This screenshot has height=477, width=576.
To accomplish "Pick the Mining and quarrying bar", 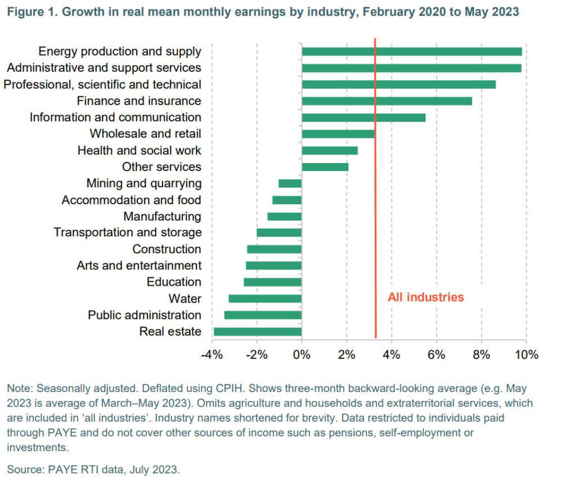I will (x=290, y=183).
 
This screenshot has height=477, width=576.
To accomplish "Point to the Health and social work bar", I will (x=330, y=151).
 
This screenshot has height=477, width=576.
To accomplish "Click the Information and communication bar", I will (x=363, y=118).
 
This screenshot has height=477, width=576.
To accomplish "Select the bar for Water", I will (x=265, y=299).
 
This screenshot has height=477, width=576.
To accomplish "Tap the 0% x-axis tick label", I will (x=302, y=355).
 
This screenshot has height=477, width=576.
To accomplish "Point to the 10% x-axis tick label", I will (x=526, y=355).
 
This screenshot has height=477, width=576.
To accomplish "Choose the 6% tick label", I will (x=436, y=355).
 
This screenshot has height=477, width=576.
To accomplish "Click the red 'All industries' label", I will (x=425, y=297).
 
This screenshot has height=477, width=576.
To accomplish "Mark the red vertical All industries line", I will (x=375, y=225).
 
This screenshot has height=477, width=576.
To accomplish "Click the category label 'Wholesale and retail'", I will (x=145, y=134).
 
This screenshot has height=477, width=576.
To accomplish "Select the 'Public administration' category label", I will (x=144, y=315).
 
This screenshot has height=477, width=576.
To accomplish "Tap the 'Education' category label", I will (x=174, y=282).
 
